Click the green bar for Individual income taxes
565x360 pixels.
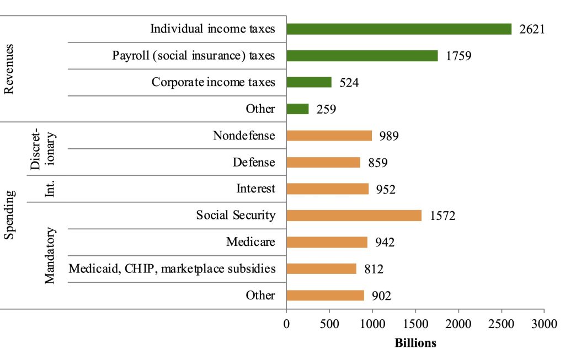point(398,29)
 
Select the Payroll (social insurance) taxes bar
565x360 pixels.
point(362,56)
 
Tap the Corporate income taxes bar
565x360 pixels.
point(309,82)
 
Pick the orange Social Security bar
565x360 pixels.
point(354,216)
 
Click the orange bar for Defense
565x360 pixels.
point(323,162)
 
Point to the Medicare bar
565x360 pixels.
point(327,242)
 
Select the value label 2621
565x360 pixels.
point(532,29)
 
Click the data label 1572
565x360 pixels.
point(443,216)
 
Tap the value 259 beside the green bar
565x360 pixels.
point(326,109)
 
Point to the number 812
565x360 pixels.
point(374,269)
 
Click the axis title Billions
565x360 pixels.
point(415,343)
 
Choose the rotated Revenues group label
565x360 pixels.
point(9,68)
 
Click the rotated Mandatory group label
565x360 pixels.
point(50,255)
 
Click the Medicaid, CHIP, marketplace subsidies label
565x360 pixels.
point(172,269)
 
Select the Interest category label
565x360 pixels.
point(255,189)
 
